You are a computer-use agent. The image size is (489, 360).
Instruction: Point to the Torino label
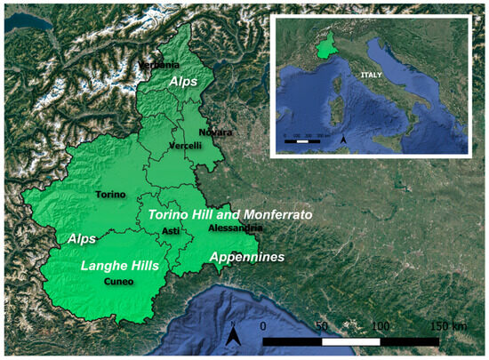[x=110, y=195]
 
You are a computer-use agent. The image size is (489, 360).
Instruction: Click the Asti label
[x=171, y=231]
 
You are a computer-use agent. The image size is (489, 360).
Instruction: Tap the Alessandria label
[x=234, y=228]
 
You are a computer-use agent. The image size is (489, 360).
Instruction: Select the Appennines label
[x=246, y=257]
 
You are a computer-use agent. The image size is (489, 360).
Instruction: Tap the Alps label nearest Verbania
[x=184, y=79]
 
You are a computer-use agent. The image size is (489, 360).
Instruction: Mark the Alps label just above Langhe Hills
[x=83, y=238]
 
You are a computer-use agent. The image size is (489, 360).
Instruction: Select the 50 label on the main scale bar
[x=322, y=326]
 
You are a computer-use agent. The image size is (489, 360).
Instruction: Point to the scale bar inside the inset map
[x=302, y=140]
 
